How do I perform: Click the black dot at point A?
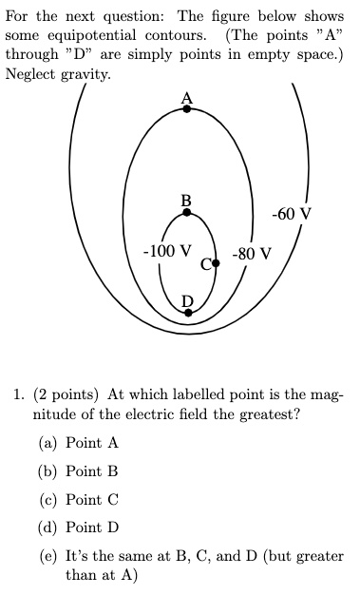[x=187, y=109]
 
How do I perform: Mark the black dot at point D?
[x=187, y=311]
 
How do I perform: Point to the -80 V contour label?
[x=251, y=254]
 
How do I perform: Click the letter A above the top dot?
[x=186, y=96]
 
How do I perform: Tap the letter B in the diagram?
[x=186, y=200]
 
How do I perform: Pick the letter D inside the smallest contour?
[x=187, y=299]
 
